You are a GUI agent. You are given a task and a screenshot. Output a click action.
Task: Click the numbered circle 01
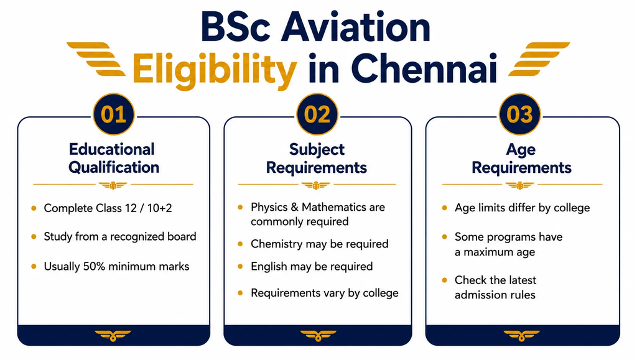(x=113, y=114)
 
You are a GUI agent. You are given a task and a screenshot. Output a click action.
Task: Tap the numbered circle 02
(x=317, y=114)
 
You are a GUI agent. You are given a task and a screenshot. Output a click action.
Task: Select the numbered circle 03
(x=519, y=114)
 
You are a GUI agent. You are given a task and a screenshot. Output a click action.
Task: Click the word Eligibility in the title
(x=215, y=70)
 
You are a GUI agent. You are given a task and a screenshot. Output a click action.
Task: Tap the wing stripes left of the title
(x=96, y=59)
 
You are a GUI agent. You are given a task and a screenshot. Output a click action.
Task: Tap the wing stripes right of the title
(x=539, y=59)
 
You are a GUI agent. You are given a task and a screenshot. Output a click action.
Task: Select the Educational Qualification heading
(x=113, y=159)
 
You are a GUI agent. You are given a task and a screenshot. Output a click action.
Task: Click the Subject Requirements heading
(x=317, y=159)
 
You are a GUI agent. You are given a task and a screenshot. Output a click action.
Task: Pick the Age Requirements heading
(x=521, y=159)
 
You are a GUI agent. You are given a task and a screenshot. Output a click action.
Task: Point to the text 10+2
(x=159, y=208)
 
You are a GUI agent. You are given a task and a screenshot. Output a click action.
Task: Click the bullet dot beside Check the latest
(x=444, y=280)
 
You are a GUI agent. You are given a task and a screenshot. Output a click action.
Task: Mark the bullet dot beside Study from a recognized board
(x=34, y=237)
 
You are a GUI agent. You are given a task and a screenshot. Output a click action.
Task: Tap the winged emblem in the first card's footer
(x=113, y=336)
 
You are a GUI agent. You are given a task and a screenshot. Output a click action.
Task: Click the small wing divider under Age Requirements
(x=519, y=185)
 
